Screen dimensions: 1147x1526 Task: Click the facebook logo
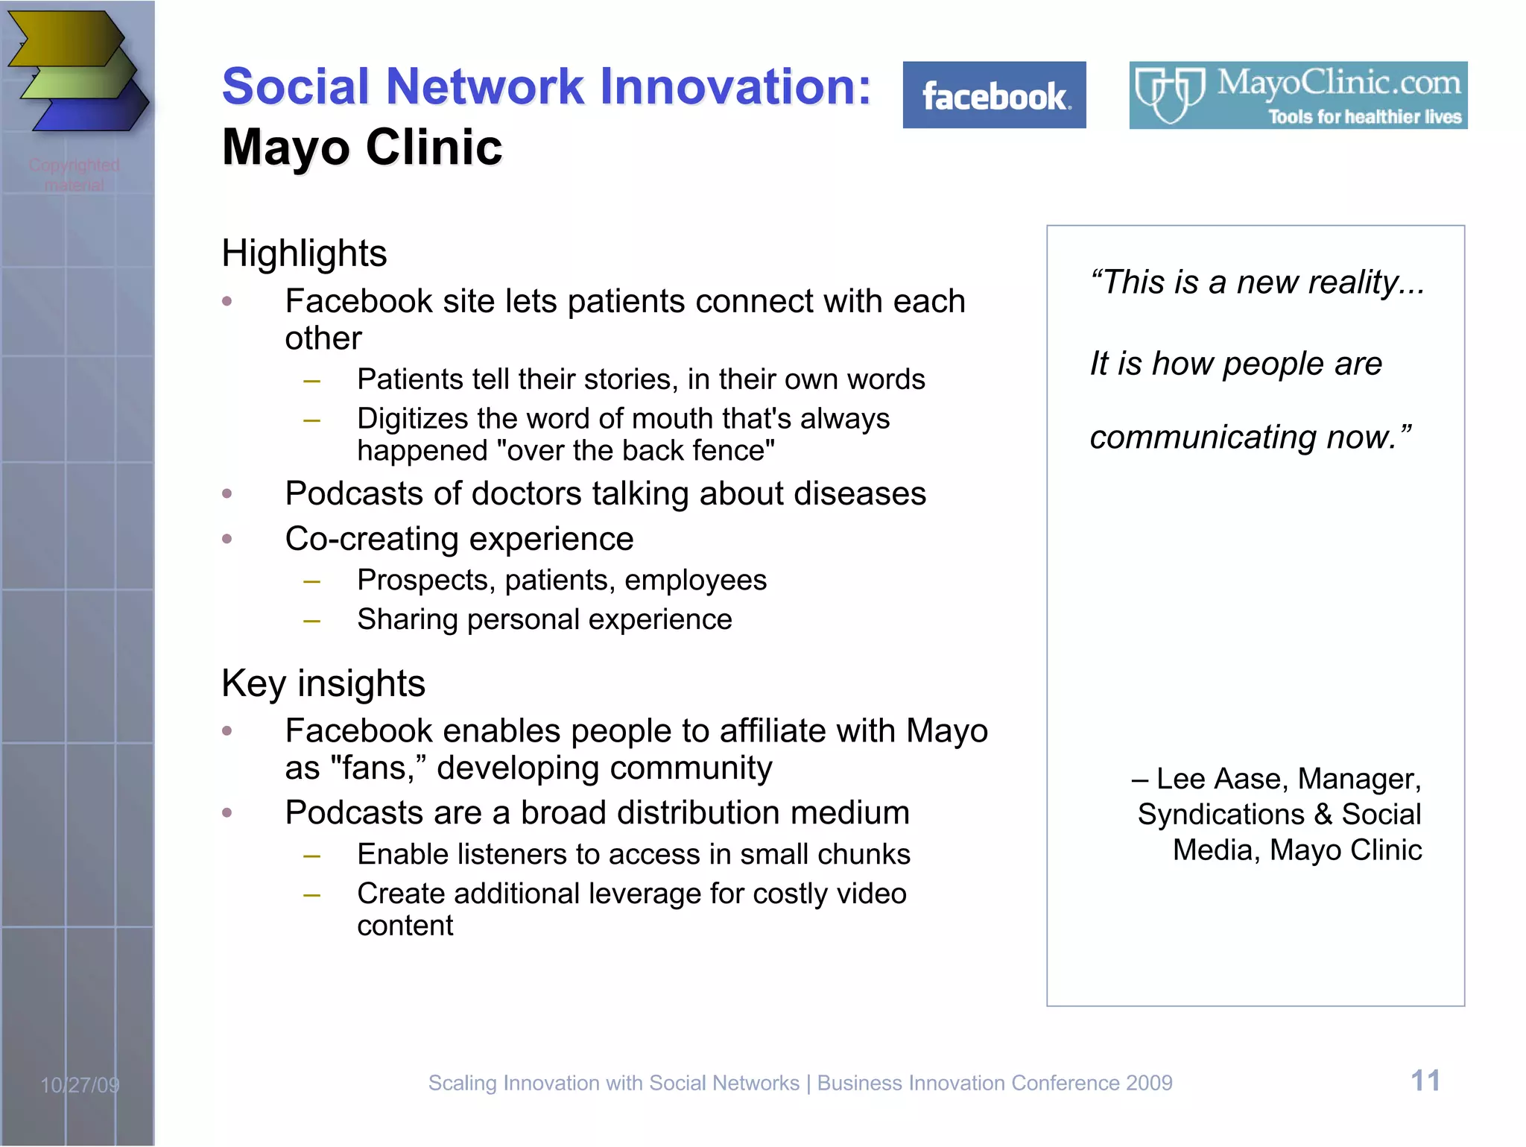(x=994, y=95)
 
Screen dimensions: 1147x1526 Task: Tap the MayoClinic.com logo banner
(x=1298, y=95)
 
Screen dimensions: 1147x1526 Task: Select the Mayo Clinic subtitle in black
(x=362, y=147)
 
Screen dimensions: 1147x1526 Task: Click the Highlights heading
(x=304, y=253)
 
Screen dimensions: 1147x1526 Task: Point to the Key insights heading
(x=323, y=683)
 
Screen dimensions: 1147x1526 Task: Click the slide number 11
(x=1425, y=1081)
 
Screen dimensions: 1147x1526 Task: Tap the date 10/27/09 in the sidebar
(x=80, y=1085)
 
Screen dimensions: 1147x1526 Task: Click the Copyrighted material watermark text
(x=75, y=174)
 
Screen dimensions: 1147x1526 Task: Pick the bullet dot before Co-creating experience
(x=227, y=539)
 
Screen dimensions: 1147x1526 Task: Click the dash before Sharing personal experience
(x=311, y=621)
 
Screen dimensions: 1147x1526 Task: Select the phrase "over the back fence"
(x=635, y=451)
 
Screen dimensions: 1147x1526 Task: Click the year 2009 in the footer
(x=1149, y=1083)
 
